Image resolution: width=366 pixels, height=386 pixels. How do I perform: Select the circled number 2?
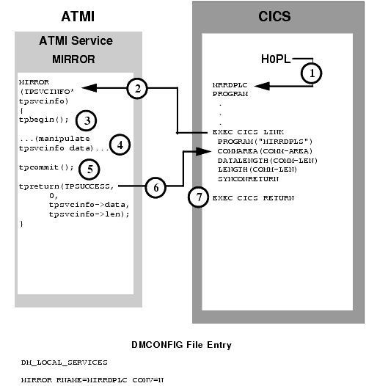[136, 88]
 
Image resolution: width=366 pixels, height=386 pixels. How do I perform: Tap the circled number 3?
[86, 118]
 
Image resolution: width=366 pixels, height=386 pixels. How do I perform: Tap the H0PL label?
[277, 59]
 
